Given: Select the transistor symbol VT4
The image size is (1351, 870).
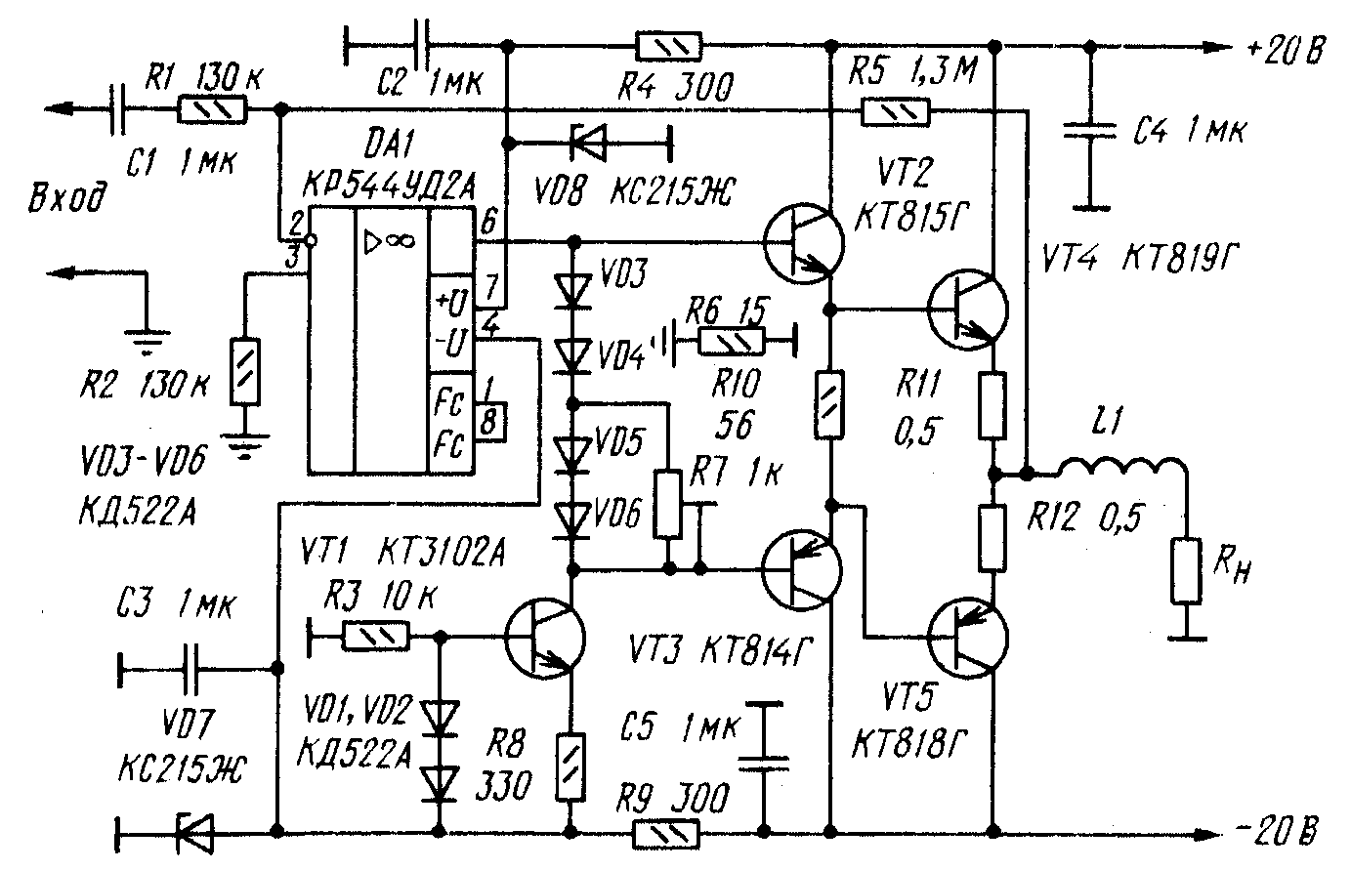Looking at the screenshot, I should coord(966,310).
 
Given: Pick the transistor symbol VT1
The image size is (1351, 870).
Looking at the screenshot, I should coord(545,639).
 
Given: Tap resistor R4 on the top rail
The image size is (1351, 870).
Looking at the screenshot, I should coord(668,46).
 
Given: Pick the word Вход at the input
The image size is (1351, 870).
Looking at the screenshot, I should coord(68,202).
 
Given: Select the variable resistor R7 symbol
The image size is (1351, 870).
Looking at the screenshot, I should coord(668,505).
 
